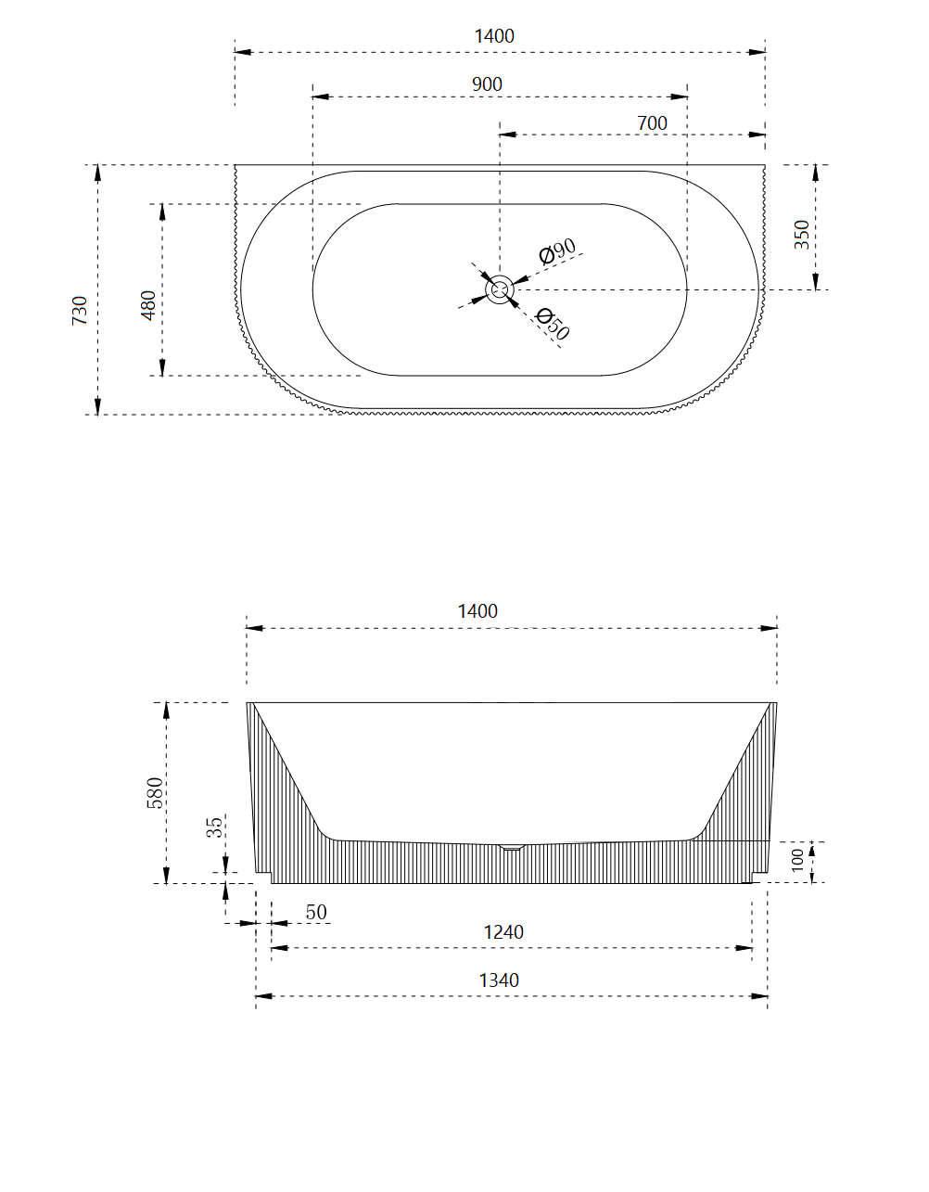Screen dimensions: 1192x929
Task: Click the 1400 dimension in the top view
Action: (493, 36)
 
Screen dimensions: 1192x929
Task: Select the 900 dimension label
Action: (487, 84)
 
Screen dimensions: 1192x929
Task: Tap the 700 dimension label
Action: (652, 123)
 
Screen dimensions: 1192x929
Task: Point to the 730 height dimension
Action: (80, 309)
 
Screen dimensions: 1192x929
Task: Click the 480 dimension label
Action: (148, 305)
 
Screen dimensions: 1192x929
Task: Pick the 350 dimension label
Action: (802, 234)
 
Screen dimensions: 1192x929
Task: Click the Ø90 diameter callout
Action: (558, 250)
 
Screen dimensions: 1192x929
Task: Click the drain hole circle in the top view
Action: (500, 289)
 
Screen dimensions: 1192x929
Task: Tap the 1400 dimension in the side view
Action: (477, 611)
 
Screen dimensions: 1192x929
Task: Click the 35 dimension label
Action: (214, 827)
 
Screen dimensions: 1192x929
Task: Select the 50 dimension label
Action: (316, 912)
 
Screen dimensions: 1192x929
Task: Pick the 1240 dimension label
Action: (503, 932)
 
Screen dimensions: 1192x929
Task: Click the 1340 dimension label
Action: (499, 981)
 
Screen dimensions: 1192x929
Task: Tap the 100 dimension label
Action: (798, 860)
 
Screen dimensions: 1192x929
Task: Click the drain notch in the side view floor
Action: (512, 846)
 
